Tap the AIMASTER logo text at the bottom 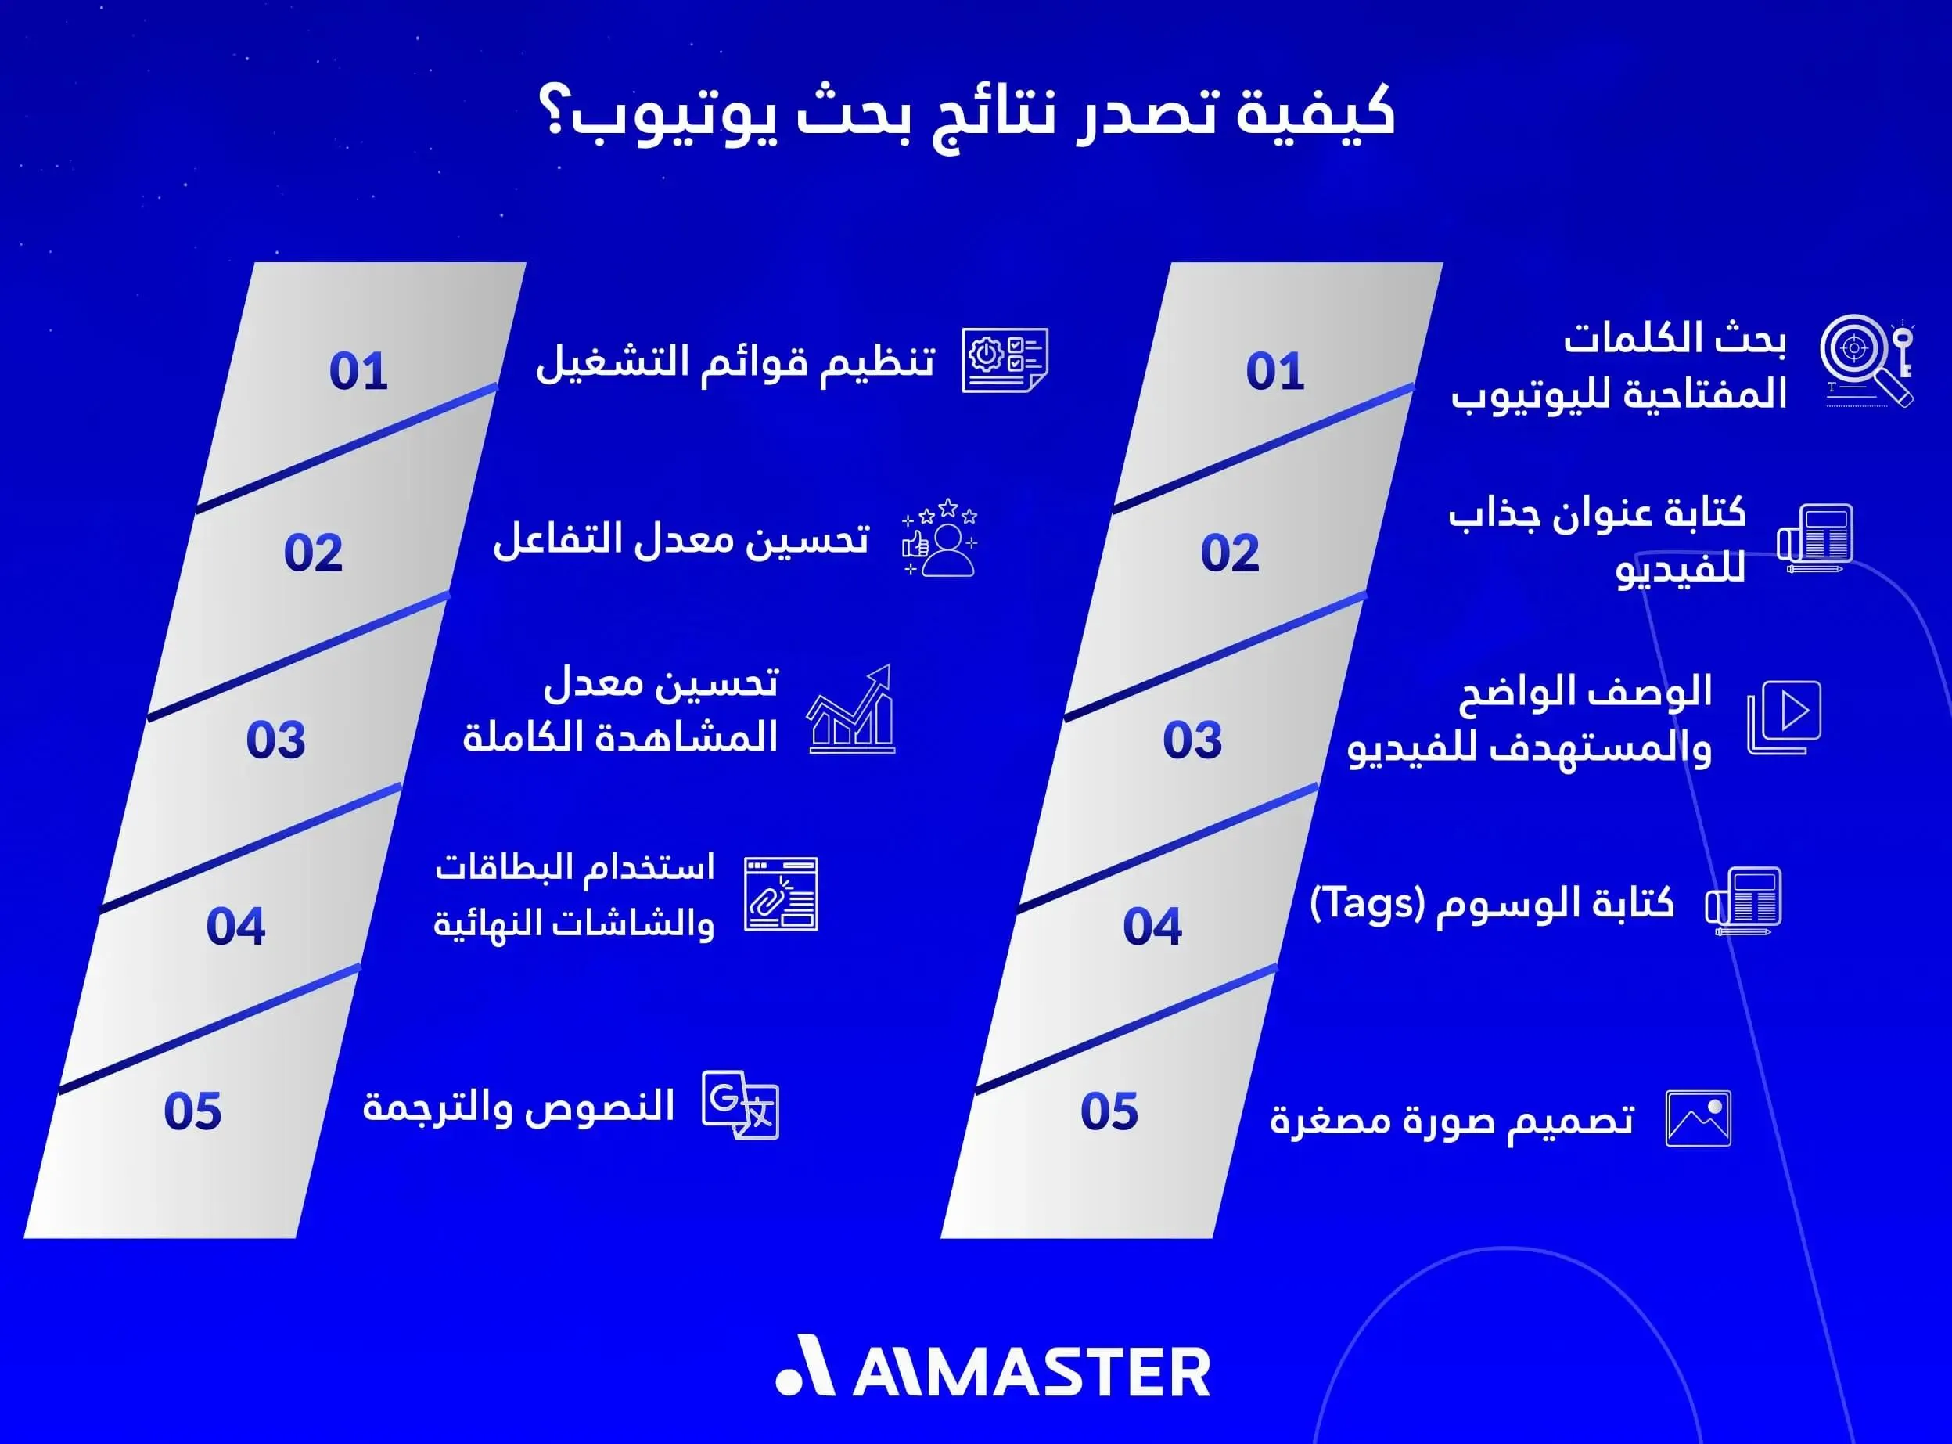pos(1030,1371)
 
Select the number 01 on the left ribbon pos(358,372)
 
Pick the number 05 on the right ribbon pos(1109,1112)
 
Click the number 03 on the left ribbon pos(275,740)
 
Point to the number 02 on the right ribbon pos(1229,553)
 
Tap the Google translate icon pos(740,1105)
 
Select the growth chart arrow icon pos(851,709)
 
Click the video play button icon pos(1785,716)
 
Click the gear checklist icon pos(1004,360)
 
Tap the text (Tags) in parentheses pos(1368,903)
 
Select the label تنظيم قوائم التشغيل pos(735,362)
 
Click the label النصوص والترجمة pos(518,1107)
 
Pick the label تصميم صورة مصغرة pos(1451,1120)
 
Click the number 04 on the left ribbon pos(235,927)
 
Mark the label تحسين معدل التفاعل pos(681,539)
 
